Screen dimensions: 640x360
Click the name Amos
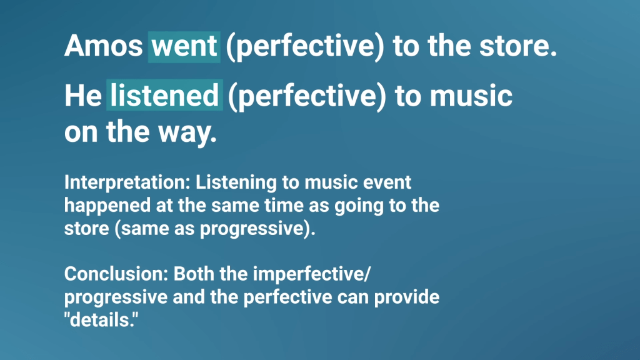point(103,46)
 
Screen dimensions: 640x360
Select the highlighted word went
point(184,46)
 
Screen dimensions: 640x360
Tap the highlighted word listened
point(164,95)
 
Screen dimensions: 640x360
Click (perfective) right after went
point(305,47)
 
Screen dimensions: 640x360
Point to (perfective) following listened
point(307,96)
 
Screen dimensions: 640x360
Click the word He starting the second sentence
point(83,96)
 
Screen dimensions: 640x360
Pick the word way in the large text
point(187,132)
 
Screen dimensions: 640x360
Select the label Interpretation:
point(127,182)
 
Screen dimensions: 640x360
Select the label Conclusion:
point(116,274)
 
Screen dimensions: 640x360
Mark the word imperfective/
point(311,274)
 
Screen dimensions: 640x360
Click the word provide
point(407,297)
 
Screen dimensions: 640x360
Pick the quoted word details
point(101,320)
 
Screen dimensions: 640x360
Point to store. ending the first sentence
point(518,46)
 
